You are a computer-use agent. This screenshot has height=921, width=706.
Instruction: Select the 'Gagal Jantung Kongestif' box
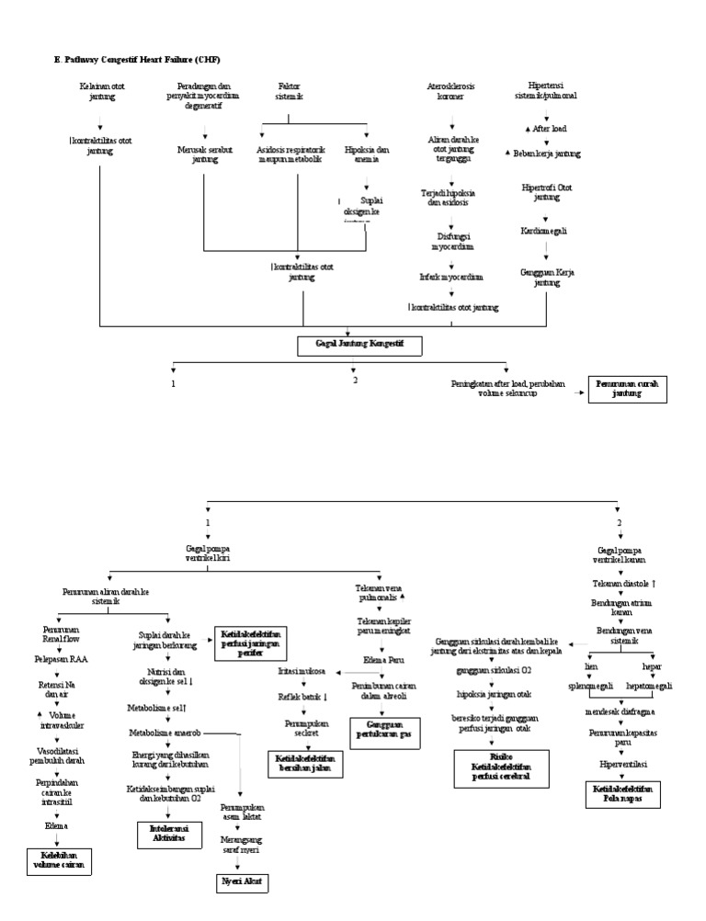point(359,346)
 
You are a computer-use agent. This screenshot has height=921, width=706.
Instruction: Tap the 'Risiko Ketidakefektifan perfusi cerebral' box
point(501,767)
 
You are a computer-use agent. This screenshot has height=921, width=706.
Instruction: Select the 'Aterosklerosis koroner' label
point(451,91)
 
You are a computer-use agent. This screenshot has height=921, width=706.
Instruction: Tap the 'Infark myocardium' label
point(452,276)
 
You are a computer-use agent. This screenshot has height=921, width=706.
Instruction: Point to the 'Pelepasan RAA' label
point(58,660)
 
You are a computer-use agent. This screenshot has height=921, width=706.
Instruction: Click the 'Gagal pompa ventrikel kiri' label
point(208,553)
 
